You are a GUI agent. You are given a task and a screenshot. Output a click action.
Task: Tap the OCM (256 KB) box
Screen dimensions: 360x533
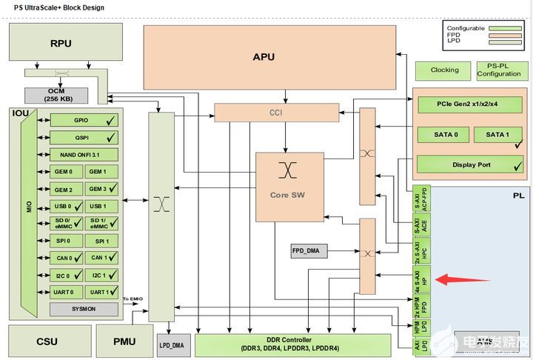coord(57,95)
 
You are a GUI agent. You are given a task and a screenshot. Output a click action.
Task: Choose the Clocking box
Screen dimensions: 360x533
coord(444,70)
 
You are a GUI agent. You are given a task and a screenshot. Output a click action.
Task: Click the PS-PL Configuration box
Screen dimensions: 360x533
coord(498,70)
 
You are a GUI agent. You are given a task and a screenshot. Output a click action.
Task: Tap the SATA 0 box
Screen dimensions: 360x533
coord(441,135)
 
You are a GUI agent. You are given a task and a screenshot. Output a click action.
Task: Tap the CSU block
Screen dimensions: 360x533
coord(47,341)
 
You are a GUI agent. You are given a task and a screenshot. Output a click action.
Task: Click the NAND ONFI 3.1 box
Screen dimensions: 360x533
coord(84,155)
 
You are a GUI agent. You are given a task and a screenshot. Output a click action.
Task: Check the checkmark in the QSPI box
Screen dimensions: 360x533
coord(111,138)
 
